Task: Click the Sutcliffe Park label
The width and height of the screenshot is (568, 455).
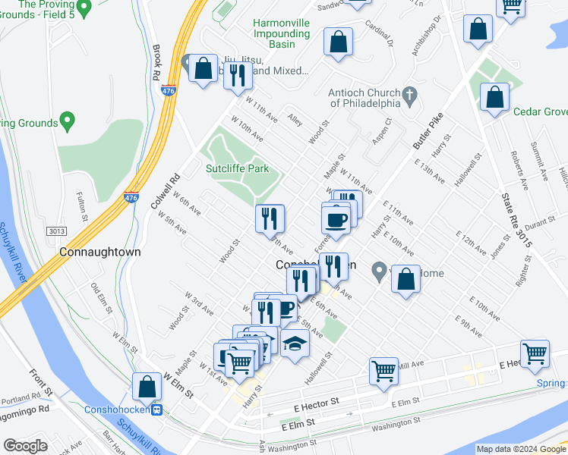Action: pos(238,168)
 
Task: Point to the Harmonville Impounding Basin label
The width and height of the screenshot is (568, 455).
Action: pos(282,34)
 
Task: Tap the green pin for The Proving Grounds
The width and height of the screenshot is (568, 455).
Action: pos(67,121)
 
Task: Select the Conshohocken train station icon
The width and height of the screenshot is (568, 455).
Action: pos(156,409)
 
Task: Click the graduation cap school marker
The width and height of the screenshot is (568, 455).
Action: pos(295,344)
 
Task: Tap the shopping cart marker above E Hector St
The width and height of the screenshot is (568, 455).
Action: pos(384,372)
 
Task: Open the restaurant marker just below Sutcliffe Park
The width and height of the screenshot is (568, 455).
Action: pos(270,218)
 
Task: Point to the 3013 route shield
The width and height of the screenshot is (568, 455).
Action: pos(55,231)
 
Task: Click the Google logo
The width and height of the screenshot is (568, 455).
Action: pos(25,446)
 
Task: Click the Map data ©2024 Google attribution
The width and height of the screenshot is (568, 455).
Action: pos(521,449)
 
